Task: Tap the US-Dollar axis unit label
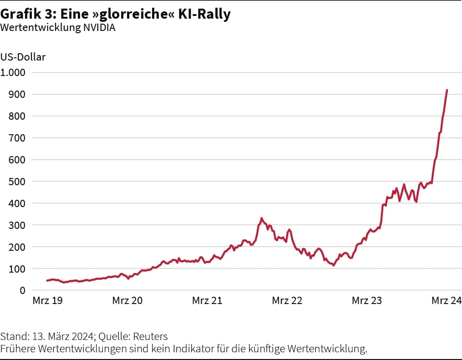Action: (23, 57)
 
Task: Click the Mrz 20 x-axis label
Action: (127, 301)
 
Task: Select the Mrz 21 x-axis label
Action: (207, 301)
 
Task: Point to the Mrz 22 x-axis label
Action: (287, 301)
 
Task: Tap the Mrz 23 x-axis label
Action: (367, 301)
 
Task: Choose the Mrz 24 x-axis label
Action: (447, 301)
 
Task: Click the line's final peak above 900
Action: (447, 90)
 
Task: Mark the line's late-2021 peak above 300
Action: (261, 218)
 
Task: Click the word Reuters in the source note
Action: (151, 337)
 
